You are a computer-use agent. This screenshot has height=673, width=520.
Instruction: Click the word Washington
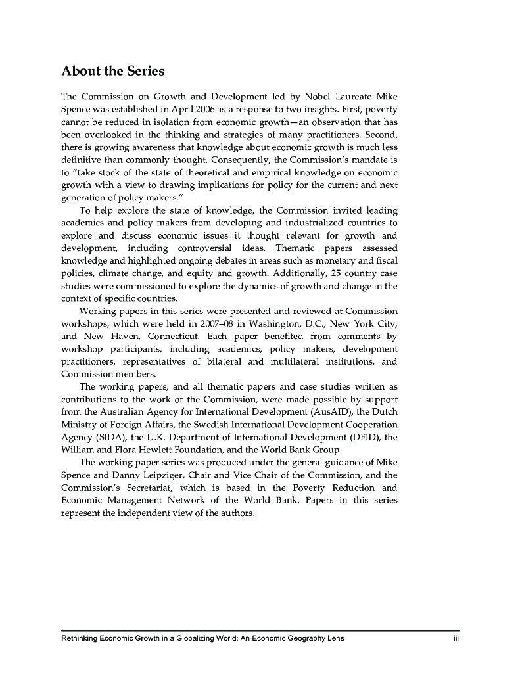(252, 322)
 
